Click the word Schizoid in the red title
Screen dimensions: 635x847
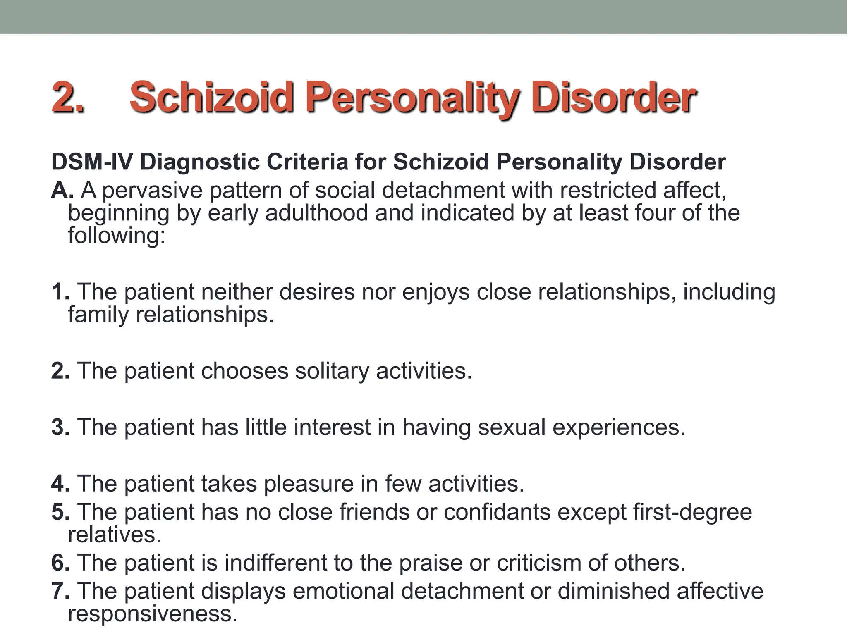[211, 97]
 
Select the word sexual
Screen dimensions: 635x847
[512, 427]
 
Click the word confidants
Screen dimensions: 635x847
[497, 512]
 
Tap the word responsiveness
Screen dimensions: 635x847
[153, 614]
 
